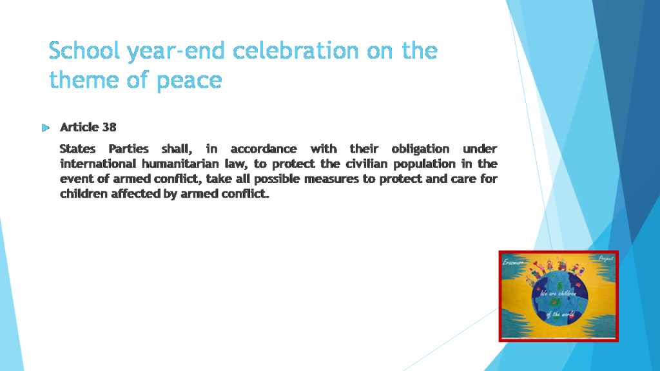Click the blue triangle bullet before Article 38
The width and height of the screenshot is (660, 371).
pos(46,128)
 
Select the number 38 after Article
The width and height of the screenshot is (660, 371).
pos(109,127)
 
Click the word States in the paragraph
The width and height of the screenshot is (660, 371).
pos(77,149)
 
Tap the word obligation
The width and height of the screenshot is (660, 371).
pos(420,149)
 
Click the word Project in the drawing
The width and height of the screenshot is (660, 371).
pos(605,258)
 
